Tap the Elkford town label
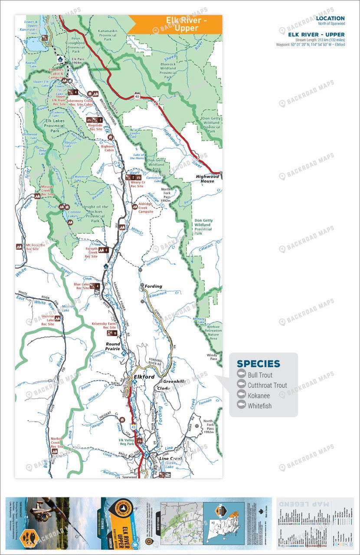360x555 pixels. [144, 377]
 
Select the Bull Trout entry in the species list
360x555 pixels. [260, 375]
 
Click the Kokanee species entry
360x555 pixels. [259, 396]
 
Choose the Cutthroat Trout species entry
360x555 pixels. [267, 385]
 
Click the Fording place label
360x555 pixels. [154, 286]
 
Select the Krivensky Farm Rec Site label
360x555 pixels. [103, 326]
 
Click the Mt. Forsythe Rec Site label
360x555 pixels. [36, 247]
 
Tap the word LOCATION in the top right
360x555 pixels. [330, 18]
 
